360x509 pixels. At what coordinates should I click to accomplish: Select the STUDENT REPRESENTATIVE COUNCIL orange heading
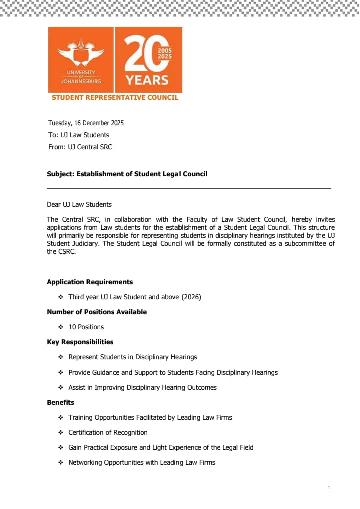(115, 97)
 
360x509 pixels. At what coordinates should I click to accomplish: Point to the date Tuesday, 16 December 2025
(86, 123)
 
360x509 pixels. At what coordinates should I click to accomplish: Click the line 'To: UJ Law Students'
(78, 135)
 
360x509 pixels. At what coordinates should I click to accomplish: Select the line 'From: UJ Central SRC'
(80, 147)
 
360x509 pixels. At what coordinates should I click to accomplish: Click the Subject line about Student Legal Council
(127, 174)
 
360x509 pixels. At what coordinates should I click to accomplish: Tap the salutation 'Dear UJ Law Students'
(79, 204)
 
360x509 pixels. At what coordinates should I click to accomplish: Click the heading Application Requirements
(90, 282)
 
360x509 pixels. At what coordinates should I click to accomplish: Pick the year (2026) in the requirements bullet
(191, 297)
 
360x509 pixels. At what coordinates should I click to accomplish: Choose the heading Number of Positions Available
(97, 312)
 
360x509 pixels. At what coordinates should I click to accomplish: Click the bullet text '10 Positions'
(86, 327)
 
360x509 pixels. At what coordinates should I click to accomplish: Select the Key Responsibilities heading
(80, 342)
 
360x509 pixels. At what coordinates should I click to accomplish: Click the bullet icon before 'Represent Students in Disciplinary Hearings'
(60, 357)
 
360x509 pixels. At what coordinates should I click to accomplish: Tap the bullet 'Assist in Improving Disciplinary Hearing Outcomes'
(142, 387)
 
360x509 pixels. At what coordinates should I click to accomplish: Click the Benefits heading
(60, 402)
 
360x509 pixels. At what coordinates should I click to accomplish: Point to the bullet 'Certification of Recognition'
(108, 432)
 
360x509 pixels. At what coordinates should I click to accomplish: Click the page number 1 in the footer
(329, 487)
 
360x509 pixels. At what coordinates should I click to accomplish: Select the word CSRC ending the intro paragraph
(67, 251)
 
